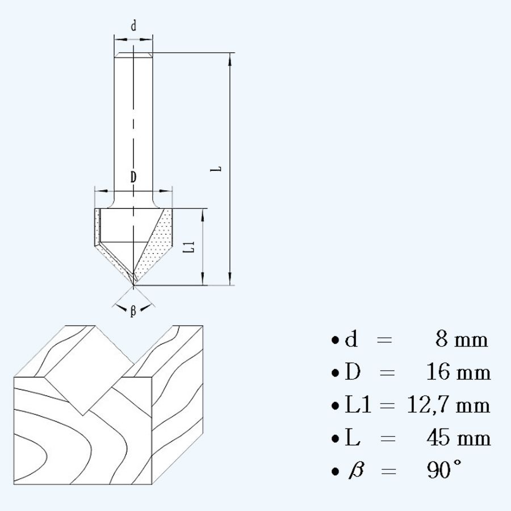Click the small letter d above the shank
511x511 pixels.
(x=133, y=26)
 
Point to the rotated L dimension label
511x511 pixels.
(x=217, y=169)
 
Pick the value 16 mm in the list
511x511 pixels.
(x=458, y=372)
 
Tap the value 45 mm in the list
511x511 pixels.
(x=458, y=438)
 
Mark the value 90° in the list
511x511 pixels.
(x=443, y=471)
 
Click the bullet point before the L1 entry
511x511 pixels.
(x=336, y=407)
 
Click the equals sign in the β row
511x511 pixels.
(x=386, y=471)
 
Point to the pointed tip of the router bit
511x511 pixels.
(x=134, y=283)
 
